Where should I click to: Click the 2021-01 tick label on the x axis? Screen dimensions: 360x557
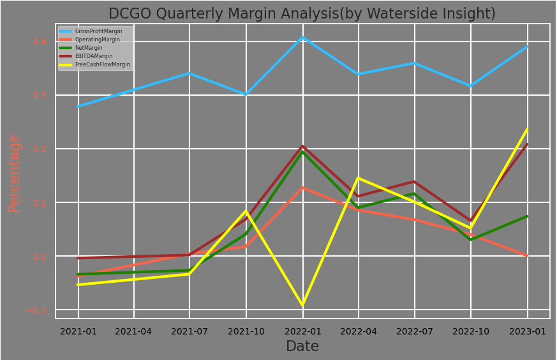tap(78, 331)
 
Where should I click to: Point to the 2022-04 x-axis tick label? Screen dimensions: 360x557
tap(359, 331)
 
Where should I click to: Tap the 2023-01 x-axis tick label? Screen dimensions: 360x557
tap(527, 331)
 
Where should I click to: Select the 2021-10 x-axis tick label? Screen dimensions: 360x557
tap(246, 331)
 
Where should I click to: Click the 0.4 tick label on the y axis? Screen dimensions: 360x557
tap(40, 41)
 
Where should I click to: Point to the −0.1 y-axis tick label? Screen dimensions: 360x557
tap(37, 310)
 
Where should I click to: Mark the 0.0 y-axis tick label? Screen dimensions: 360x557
tap(40, 257)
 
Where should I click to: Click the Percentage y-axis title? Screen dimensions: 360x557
tap(15, 172)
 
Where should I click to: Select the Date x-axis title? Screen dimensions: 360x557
tap(302, 347)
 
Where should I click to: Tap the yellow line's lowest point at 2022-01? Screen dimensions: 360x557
tap(302, 305)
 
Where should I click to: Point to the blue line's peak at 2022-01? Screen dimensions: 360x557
tap(302, 37)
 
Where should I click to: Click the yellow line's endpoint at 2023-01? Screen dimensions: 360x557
tap(527, 130)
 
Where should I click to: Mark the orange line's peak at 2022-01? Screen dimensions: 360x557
tap(302, 188)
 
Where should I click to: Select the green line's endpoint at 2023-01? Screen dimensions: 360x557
tap(527, 216)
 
